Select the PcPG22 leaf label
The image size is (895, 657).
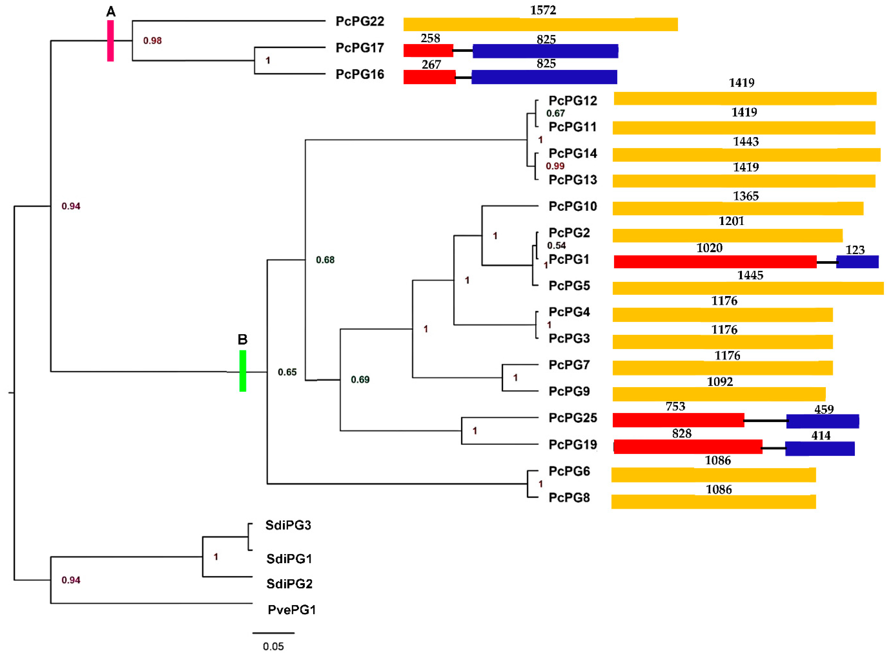point(360,21)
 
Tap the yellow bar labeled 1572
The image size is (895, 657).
point(540,24)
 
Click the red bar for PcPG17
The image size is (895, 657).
point(428,51)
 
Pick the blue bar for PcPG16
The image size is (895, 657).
point(544,77)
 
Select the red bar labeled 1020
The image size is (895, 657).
point(715,262)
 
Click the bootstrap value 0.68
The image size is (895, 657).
point(325,260)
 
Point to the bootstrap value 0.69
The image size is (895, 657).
point(360,380)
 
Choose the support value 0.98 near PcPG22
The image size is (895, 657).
point(152,41)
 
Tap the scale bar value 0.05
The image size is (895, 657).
point(273,646)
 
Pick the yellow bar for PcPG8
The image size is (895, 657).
point(713,502)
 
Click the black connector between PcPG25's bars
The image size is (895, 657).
point(765,420)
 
